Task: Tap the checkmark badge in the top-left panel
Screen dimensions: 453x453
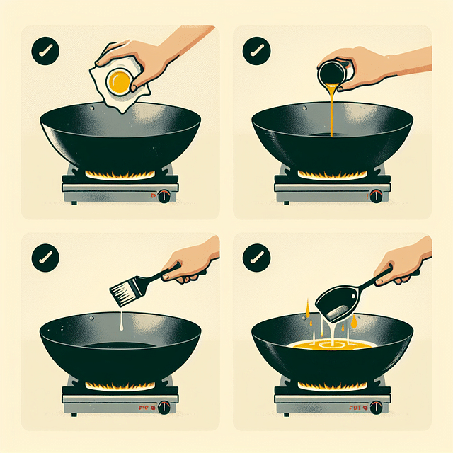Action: click(44, 52)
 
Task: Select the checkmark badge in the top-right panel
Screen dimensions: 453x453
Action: click(256, 51)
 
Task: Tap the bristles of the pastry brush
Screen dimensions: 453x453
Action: click(121, 291)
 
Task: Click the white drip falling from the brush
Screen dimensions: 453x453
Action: click(122, 322)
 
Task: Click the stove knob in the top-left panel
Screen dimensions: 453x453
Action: click(164, 195)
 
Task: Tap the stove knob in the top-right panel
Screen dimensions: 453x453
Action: click(376, 195)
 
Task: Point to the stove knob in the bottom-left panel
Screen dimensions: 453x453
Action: click(164, 407)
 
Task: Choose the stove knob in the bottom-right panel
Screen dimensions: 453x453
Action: click(376, 407)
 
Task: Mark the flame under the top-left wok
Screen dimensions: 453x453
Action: click(120, 174)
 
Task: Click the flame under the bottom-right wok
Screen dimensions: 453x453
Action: click(332, 386)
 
